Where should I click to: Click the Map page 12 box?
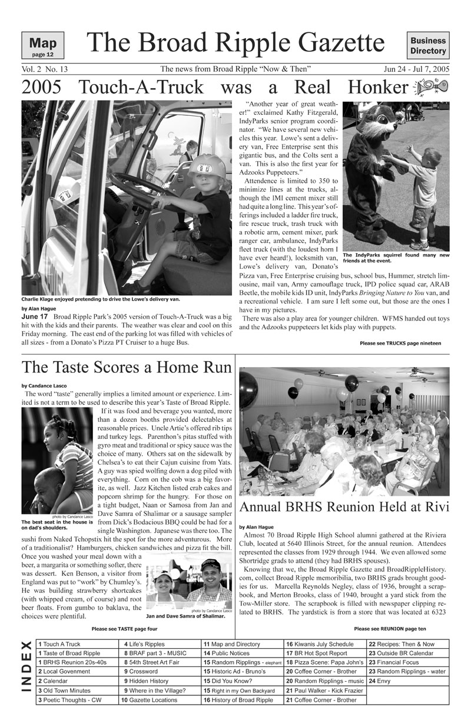pos(42,46)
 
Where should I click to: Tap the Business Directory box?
pos(428,46)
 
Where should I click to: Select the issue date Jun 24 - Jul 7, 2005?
pos(416,69)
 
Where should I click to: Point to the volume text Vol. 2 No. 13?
pos(44,69)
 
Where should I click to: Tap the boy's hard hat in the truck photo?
pos(206,167)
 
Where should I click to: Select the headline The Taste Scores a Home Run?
pos(127,368)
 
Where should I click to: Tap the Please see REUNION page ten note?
pos(393,629)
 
